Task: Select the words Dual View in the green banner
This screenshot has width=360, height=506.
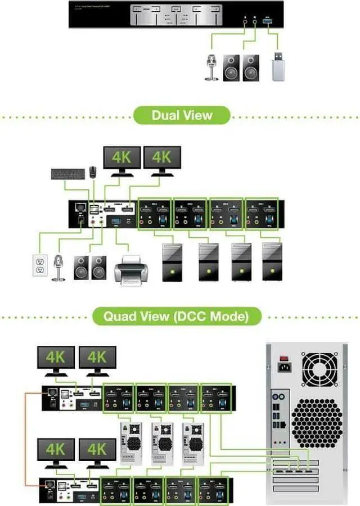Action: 182,116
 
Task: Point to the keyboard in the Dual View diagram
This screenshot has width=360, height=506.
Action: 67,174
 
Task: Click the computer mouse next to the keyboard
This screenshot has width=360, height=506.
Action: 93,171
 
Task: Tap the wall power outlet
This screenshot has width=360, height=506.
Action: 39,265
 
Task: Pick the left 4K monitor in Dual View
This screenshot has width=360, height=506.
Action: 122,158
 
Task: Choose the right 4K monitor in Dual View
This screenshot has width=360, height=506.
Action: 162,158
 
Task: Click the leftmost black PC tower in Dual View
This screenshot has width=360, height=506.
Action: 172,261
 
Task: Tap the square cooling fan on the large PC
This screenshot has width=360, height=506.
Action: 319,369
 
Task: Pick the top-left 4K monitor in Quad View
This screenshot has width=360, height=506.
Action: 56,358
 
